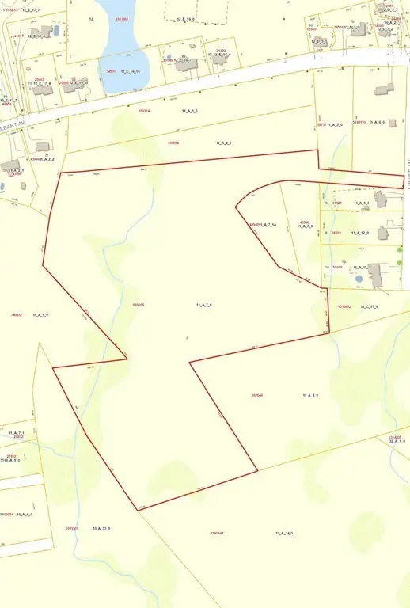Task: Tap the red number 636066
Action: pos(139,305)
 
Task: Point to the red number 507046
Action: pos(256,394)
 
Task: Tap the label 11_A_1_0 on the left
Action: pos(41,315)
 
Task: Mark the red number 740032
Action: pos(16,315)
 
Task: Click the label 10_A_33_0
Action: pos(101,528)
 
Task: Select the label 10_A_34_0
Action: pos(285,533)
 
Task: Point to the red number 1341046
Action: pos(217,533)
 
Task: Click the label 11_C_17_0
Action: pos(370,306)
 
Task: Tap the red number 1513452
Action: pos(344,306)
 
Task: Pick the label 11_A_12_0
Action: pos(362,233)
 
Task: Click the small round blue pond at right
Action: pos(359,279)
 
